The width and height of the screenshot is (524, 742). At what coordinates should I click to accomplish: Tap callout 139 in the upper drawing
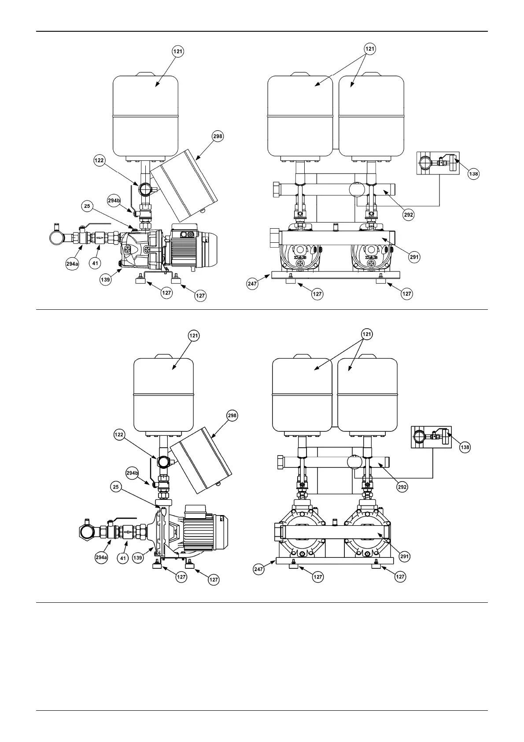point(105,280)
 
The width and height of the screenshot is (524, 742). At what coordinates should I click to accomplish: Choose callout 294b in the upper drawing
point(114,200)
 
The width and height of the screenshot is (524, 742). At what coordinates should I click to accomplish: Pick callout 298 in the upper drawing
point(218,136)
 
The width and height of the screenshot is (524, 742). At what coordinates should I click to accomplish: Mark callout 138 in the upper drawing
point(473,174)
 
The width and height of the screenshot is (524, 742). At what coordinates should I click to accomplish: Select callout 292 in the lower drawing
point(402,487)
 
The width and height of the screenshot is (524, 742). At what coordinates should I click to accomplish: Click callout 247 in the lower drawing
point(258,569)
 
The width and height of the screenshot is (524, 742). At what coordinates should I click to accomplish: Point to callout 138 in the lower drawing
point(465,447)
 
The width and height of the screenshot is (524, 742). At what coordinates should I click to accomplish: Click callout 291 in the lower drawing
point(404,556)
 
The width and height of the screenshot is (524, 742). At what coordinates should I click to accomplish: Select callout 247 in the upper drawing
point(253,285)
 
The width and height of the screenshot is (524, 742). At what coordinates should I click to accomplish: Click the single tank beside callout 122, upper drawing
point(146,117)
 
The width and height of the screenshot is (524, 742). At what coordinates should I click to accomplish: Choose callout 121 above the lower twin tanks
point(366,334)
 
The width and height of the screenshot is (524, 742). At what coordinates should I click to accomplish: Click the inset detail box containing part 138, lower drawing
point(432,437)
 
